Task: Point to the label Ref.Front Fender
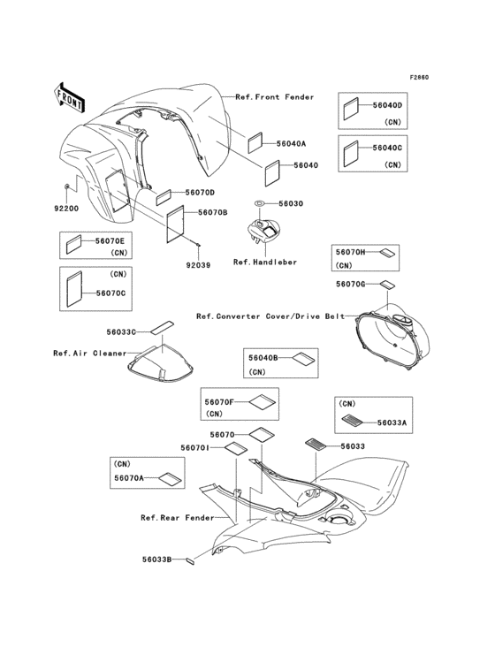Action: (274, 96)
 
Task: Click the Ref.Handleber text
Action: (264, 262)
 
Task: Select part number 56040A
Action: (291, 142)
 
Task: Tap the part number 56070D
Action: (200, 193)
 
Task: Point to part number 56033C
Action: (121, 332)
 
